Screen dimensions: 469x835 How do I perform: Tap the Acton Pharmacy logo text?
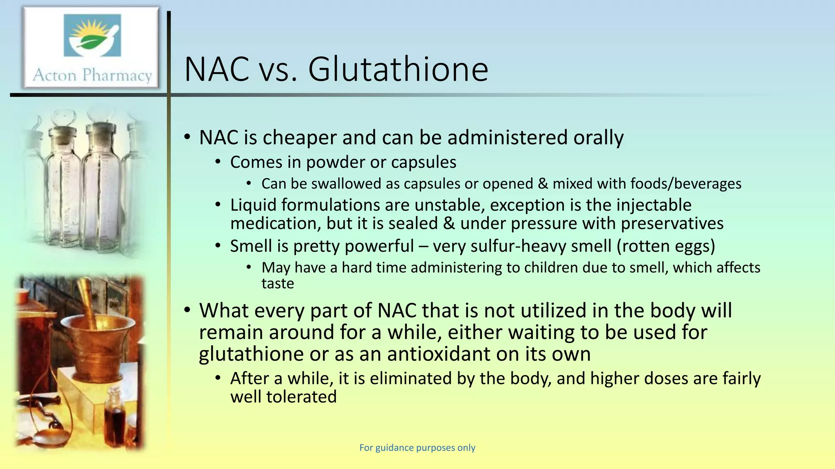pos(92,75)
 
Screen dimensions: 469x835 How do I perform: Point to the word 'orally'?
pos(598,138)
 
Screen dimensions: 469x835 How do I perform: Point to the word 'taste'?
pos(278,283)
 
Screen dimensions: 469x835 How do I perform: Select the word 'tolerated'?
pos(301,397)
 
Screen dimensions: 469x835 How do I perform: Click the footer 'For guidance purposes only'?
pos(417,448)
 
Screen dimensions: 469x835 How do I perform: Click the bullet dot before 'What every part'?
pos(187,311)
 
